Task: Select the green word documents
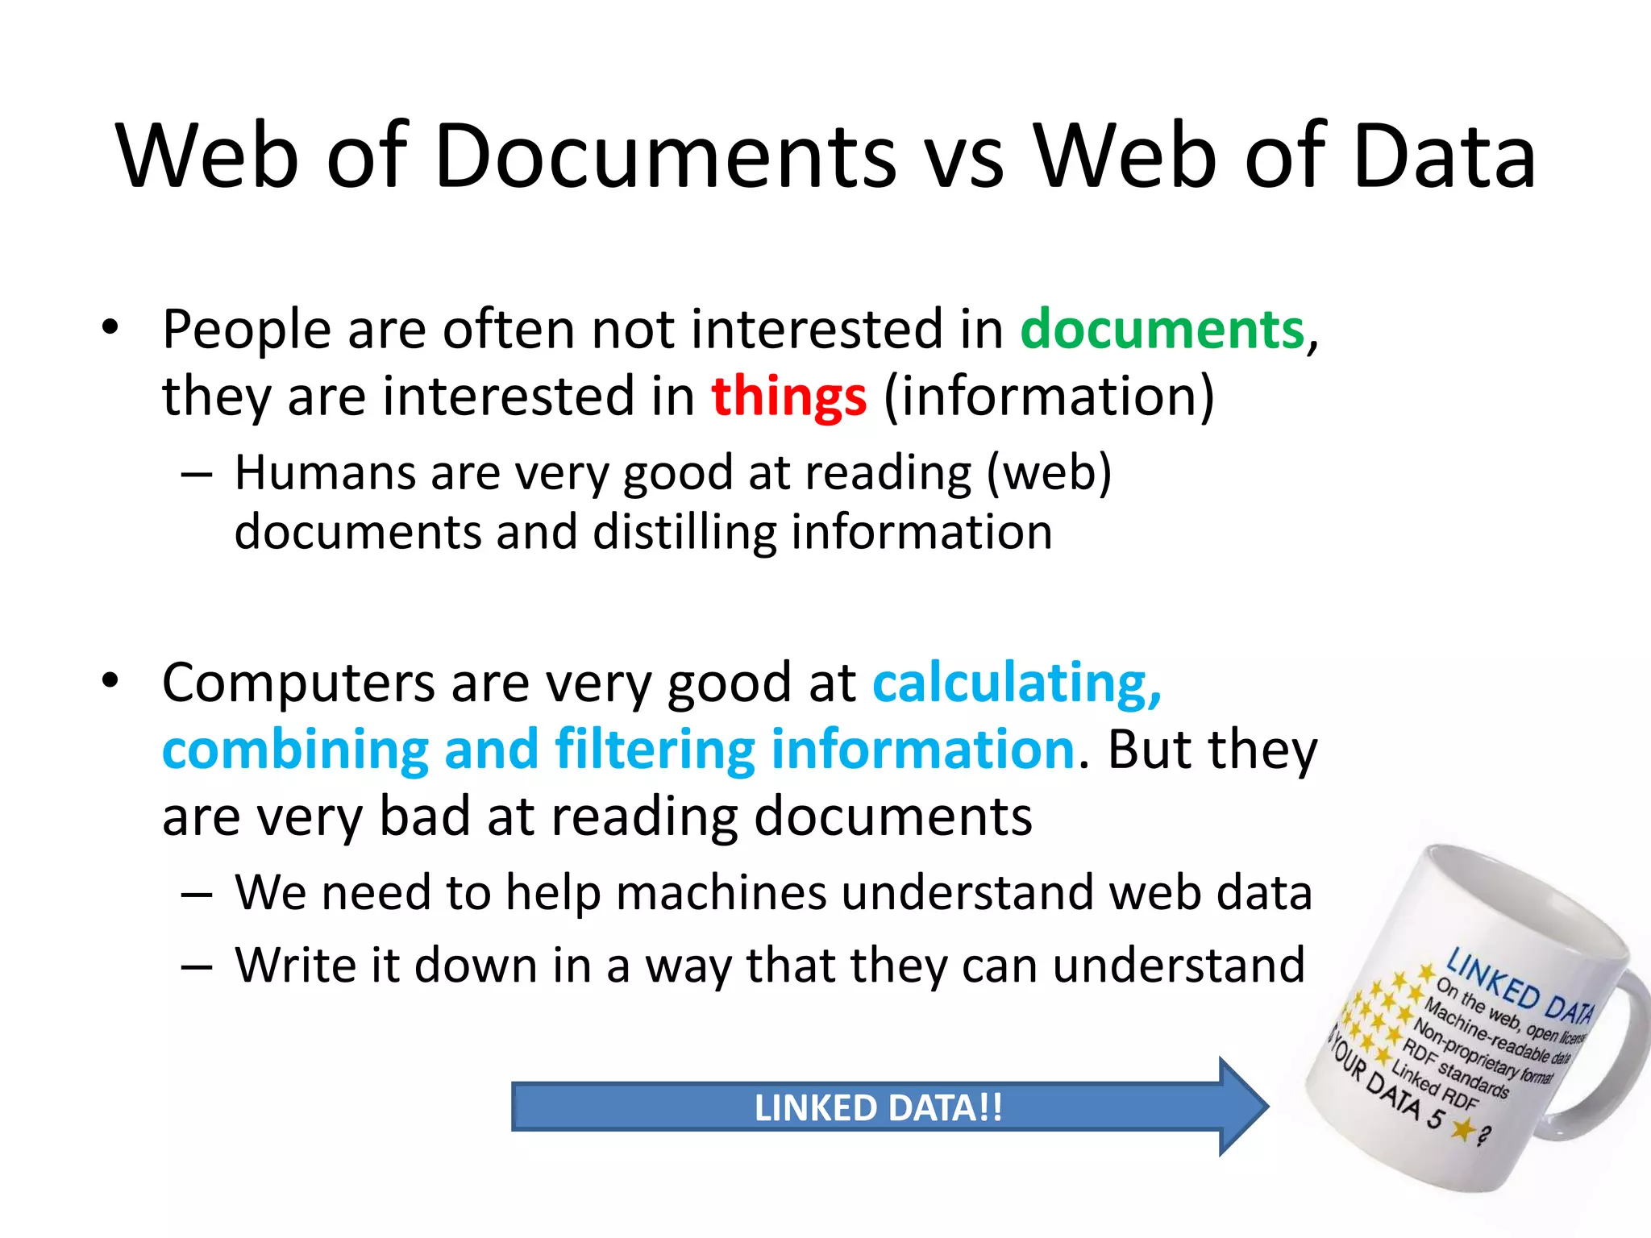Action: pyautogui.click(x=1162, y=330)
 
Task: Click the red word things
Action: pyautogui.click(x=788, y=397)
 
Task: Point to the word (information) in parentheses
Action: pyautogui.click(x=1049, y=397)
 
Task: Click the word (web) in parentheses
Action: pyautogui.click(x=1049, y=472)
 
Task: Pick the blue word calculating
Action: pyautogui.click(x=1016, y=683)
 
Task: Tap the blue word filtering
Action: pyautogui.click(x=654, y=750)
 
